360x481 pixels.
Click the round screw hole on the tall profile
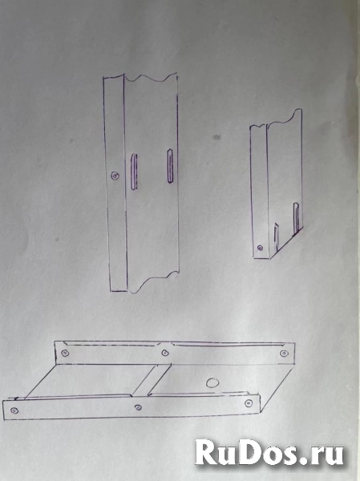pos(115,176)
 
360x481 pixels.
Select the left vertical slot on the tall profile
pos(134,172)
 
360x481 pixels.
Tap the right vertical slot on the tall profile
pos(170,166)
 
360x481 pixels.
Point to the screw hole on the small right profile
pos(260,248)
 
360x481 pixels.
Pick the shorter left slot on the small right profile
pos(277,236)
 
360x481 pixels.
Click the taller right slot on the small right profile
pos(296,218)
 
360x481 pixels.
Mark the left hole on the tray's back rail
pos(65,353)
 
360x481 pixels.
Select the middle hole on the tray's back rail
pos(165,353)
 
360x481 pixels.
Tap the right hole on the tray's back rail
pos(284,354)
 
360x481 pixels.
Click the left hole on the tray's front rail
pos(14,410)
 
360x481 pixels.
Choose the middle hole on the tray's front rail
pos(138,407)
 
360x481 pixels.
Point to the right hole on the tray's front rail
pos(249,403)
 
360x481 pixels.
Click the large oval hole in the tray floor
pos(212,383)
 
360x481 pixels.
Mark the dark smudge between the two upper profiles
pos(216,137)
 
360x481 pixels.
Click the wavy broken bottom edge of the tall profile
pos(153,281)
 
